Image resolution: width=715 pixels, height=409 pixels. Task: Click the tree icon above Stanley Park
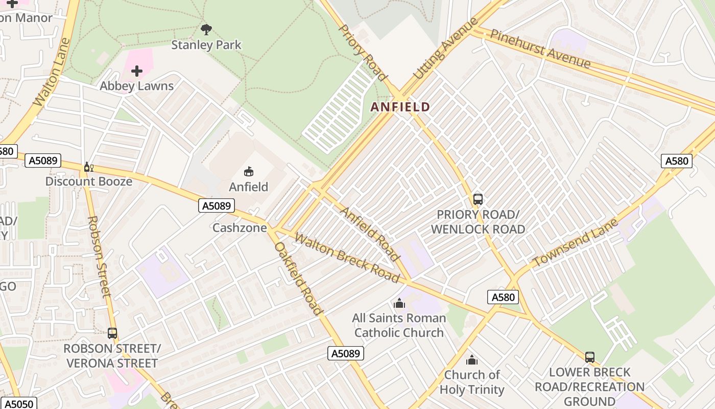(x=206, y=30)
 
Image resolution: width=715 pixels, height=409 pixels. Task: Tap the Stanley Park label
(x=206, y=45)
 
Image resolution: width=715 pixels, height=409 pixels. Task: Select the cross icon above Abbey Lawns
(x=137, y=71)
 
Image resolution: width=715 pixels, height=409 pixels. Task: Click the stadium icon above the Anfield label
(x=249, y=172)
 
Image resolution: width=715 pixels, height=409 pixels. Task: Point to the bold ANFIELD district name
(x=400, y=107)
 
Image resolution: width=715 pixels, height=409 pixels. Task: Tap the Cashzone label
(x=240, y=228)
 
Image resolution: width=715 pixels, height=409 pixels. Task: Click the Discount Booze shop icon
(x=88, y=167)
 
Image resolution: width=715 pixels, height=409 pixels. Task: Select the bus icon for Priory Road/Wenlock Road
(x=478, y=199)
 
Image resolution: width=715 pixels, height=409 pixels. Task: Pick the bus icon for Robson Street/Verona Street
(x=112, y=333)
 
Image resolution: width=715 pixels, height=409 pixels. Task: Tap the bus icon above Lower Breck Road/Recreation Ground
(x=590, y=357)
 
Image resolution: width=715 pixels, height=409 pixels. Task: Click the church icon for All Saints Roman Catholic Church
(x=399, y=304)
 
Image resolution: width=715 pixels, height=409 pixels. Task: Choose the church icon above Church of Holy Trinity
(x=472, y=360)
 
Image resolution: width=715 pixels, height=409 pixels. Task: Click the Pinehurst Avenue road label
(x=540, y=49)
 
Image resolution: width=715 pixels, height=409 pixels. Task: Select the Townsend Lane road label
(x=575, y=242)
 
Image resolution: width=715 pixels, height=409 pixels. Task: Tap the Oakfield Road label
(x=299, y=278)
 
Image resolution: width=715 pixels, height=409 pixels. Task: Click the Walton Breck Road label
(x=347, y=258)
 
